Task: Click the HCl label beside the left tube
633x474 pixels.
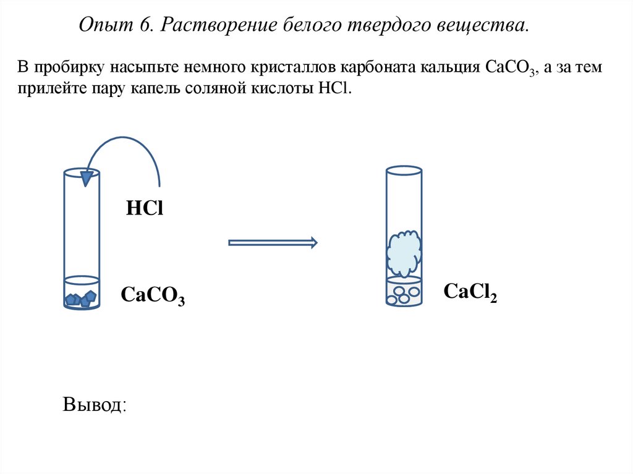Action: [144, 208]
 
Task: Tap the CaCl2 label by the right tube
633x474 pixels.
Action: [470, 292]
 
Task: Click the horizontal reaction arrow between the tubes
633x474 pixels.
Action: [273, 243]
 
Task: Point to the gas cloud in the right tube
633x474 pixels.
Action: [404, 253]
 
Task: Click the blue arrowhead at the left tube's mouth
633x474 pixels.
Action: [90, 178]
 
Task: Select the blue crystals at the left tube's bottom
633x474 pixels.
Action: [81, 299]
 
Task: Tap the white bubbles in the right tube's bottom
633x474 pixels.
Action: [403, 294]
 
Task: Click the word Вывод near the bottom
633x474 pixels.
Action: [95, 405]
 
